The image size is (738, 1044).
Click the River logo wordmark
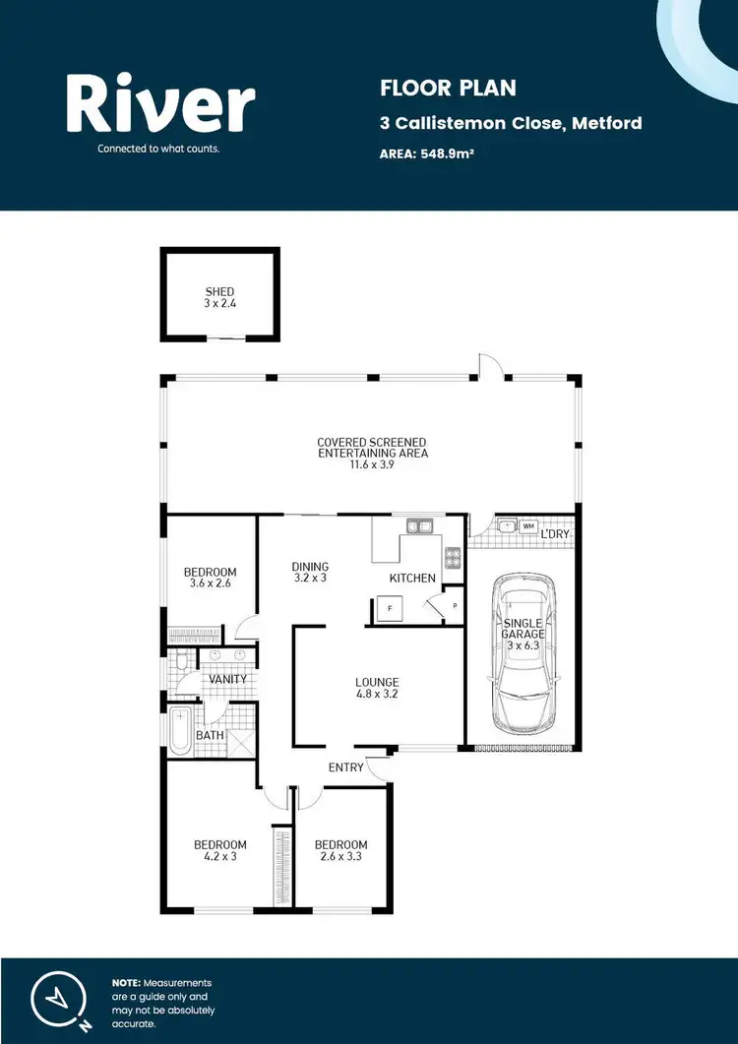pos(160,105)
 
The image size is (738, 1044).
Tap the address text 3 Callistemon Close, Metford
pos(511,123)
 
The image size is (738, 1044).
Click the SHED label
pos(219,297)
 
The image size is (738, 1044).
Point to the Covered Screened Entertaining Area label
pos(372,454)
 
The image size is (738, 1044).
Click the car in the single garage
pos(523,652)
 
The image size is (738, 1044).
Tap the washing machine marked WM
pos(528,526)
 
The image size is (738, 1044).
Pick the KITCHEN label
pos(411,578)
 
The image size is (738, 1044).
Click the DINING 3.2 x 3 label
pos(310,573)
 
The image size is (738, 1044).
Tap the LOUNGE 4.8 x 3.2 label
pos(377,688)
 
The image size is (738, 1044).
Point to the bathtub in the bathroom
pos(180,732)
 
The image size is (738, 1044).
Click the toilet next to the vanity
pos(179,663)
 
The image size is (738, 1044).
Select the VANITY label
pos(227,679)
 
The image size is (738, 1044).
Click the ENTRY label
pos(346,768)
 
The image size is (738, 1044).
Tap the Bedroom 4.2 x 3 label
pos(219,850)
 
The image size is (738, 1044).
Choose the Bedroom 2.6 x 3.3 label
pos(340,850)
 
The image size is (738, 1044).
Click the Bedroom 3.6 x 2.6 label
pos(211,578)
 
